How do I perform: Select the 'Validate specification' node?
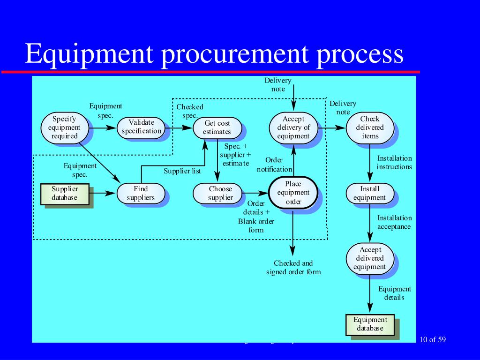click(141, 127)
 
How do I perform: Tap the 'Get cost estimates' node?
click(217, 127)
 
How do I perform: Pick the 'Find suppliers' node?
click(141, 193)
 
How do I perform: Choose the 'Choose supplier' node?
click(220, 193)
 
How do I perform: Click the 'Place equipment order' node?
click(293, 193)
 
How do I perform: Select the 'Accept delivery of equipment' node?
click(293, 127)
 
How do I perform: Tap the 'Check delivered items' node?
click(369, 127)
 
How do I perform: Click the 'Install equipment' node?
click(369, 193)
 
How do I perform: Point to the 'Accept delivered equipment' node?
click(369, 258)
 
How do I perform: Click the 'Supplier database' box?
click(65, 193)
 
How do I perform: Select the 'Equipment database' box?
click(370, 324)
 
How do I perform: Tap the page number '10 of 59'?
click(433, 339)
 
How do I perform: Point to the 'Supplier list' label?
click(182, 171)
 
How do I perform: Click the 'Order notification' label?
click(274, 165)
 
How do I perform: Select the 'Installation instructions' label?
click(394, 162)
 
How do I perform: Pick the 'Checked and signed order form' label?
click(293, 267)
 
